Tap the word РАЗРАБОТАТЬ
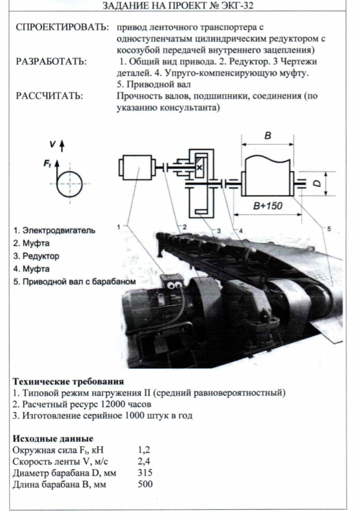[x=51, y=61]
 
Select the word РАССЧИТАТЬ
[x=49, y=96]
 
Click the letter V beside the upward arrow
[x=52, y=144]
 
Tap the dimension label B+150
[x=268, y=206]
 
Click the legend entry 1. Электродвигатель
[x=54, y=230]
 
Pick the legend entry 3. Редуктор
[x=36, y=256]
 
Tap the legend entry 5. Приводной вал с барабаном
[x=74, y=282]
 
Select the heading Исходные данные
[x=53, y=438]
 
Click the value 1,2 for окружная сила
[x=144, y=450]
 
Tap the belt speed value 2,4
[x=144, y=461]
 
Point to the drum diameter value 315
[x=145, y=473]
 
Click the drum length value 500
[x=145, y=484]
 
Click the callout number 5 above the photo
[x=329, y=229]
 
